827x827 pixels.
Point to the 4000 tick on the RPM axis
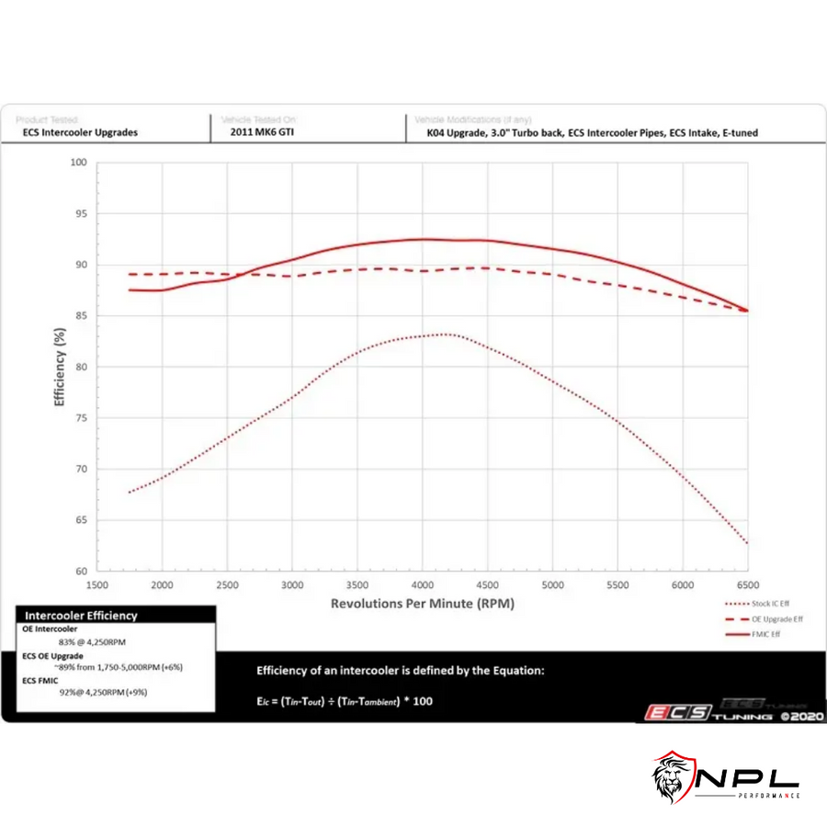422,584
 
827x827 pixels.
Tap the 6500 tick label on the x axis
746,584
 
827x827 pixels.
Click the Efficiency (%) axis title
60,365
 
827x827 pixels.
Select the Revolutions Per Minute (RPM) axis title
422,604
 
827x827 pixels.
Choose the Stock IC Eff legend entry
762,605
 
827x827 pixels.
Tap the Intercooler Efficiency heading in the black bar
81,616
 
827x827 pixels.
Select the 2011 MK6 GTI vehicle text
262,132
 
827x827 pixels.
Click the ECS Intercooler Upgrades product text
81,132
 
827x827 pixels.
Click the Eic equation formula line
345,701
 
